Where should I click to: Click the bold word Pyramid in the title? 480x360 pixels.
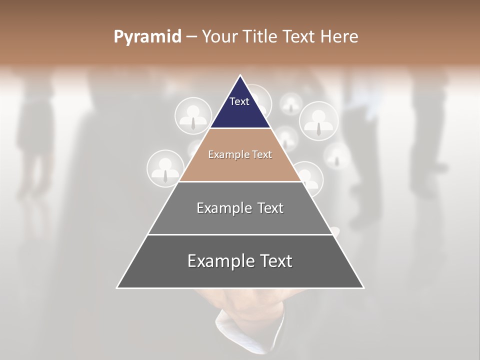(x=147, y=37)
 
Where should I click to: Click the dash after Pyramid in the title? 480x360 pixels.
(x=191, y=37)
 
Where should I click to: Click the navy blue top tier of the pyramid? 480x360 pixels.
(x=240, y=112)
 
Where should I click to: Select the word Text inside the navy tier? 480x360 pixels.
(x=239, y=101)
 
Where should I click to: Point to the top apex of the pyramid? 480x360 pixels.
(x=240, y=76)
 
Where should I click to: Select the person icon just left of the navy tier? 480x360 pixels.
(x=192, y=116)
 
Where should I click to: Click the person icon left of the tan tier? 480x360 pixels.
(x=164, y=169)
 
